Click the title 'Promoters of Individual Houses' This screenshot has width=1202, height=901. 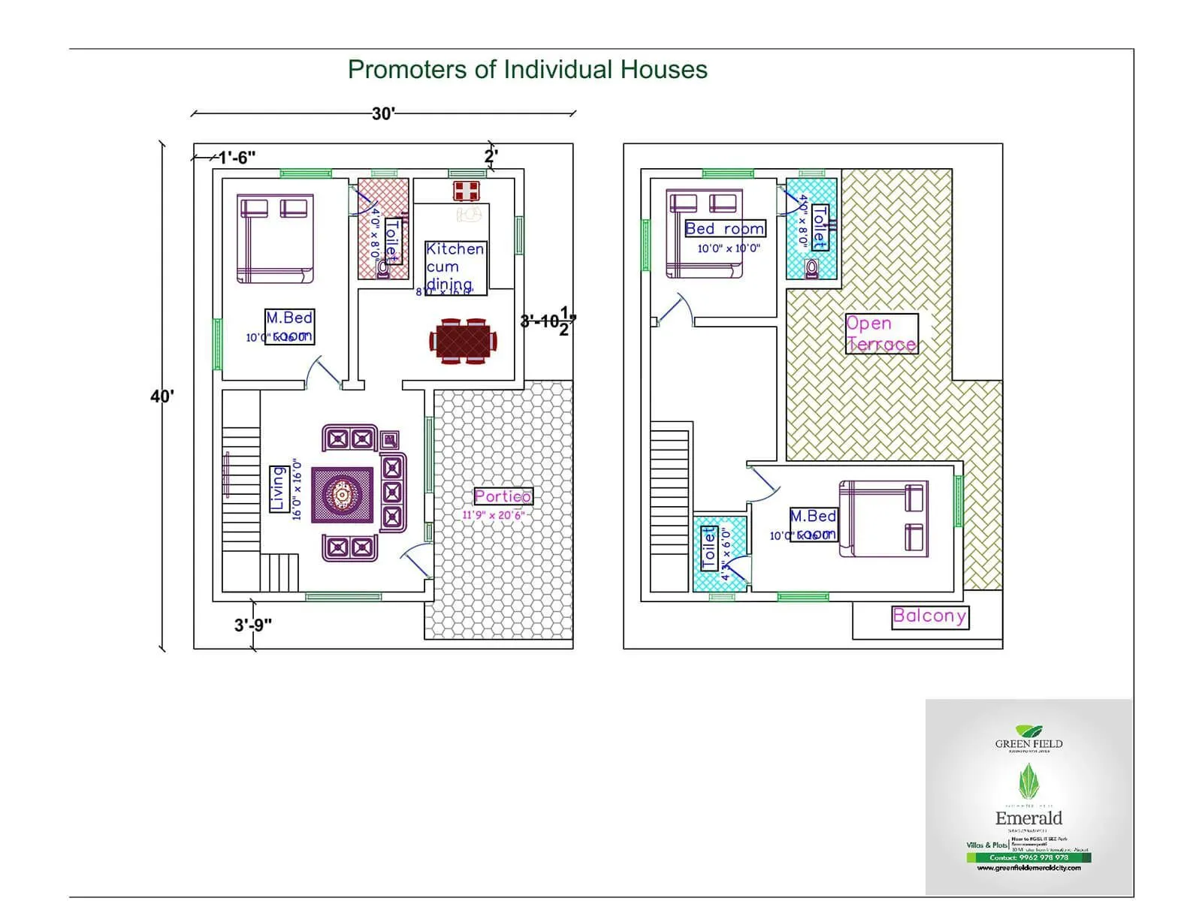(527, 70)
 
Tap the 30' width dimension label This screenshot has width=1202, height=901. (383, 113)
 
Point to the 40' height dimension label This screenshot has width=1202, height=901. (162, 396)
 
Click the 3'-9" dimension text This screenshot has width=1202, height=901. (253, 625)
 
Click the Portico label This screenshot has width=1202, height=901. (503, 496)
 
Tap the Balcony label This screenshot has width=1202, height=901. (929, 616)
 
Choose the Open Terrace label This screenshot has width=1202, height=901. (881, 334)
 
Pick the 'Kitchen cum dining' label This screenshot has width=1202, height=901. (455, 267)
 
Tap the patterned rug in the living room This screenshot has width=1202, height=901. (343, 495)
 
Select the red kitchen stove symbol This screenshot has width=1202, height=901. (467, 191)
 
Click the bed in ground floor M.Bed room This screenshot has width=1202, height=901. (275, 239)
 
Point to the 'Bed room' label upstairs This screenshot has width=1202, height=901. (724, 229)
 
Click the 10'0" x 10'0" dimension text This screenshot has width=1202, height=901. (729, 249)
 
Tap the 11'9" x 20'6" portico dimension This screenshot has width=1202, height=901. (493, 515)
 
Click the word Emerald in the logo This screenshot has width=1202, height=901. (1028, 818)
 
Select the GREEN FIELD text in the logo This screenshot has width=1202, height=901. (1028, 744)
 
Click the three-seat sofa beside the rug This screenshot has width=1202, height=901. (392, 492)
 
